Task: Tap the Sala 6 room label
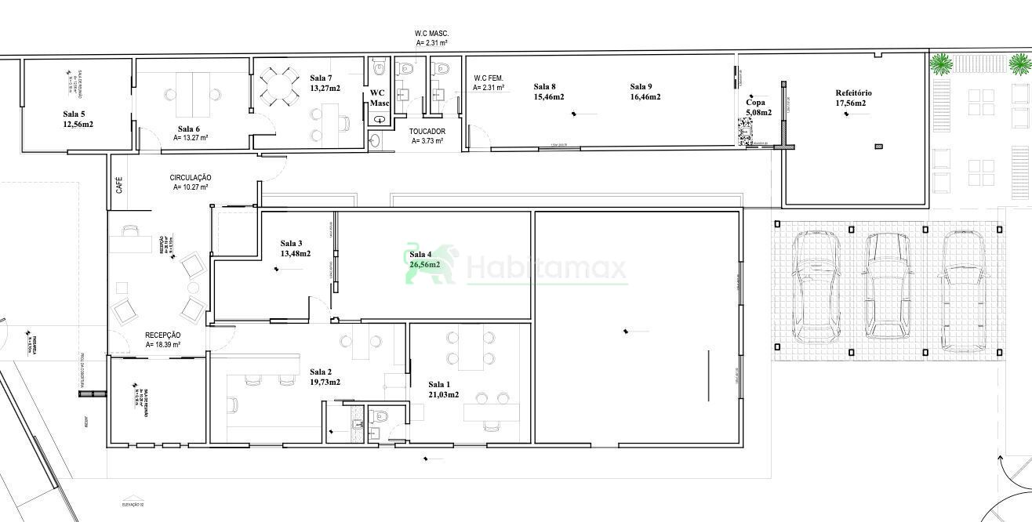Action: click(188, 129)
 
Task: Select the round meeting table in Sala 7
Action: click(279, 85)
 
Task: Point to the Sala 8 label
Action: click(544, 87)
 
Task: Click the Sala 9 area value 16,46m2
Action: click(645, 97)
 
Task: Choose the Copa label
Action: click(754, 103)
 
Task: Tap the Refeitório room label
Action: click(853, 93)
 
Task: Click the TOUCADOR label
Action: click(427, 132)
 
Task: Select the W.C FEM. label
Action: click(488, 78)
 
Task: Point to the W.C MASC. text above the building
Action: click(431, 34)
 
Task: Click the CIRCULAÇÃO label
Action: click(190, 178)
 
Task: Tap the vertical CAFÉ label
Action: click(119, 186)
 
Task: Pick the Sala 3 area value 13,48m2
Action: click(295, 254)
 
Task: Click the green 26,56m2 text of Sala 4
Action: click(424, 265)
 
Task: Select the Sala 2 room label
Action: click(320, 372)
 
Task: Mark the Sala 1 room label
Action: click(439, 385)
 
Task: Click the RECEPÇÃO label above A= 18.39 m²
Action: click(163, 335)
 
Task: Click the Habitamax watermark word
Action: click(547, 270)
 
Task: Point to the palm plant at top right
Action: click(940, 63)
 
